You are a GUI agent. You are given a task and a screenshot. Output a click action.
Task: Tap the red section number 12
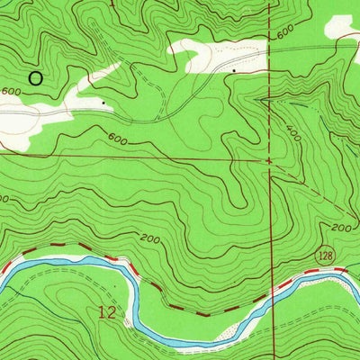click(x=107, y=313)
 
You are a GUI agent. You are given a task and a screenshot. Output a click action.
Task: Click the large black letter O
click(x=35, y=78)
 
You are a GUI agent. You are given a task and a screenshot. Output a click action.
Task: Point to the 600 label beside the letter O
click(x=11, y=92)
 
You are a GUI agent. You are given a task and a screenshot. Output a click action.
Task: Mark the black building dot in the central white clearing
click(x=234, y=68)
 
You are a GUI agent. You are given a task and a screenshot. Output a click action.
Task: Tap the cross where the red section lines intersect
click(x=269, y=162)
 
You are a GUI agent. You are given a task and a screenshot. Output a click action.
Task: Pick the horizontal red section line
click(x=135, y=157)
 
